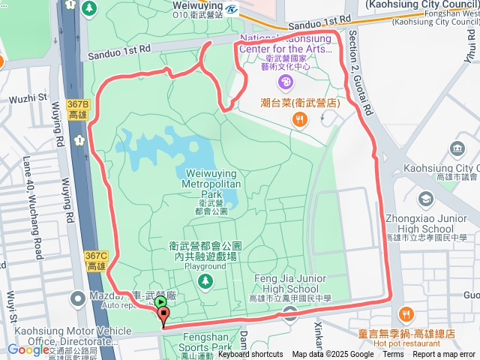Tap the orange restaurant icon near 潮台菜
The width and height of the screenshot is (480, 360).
click(299, 118)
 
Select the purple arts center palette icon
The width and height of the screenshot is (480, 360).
click(284, 81)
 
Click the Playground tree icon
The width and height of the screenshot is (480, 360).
click(205, 280)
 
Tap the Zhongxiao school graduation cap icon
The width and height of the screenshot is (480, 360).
click(426, 199)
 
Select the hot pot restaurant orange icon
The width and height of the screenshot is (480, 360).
click(406, 314)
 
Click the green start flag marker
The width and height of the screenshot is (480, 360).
click(160, 302)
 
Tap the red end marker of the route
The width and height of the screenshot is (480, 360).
click(163, 316)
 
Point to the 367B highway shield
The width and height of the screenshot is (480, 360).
click(78, 109)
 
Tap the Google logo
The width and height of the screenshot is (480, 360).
click(28, 349)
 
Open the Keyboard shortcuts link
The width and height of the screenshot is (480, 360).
click(250, 355)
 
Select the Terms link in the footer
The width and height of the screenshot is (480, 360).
click(393, 355)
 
